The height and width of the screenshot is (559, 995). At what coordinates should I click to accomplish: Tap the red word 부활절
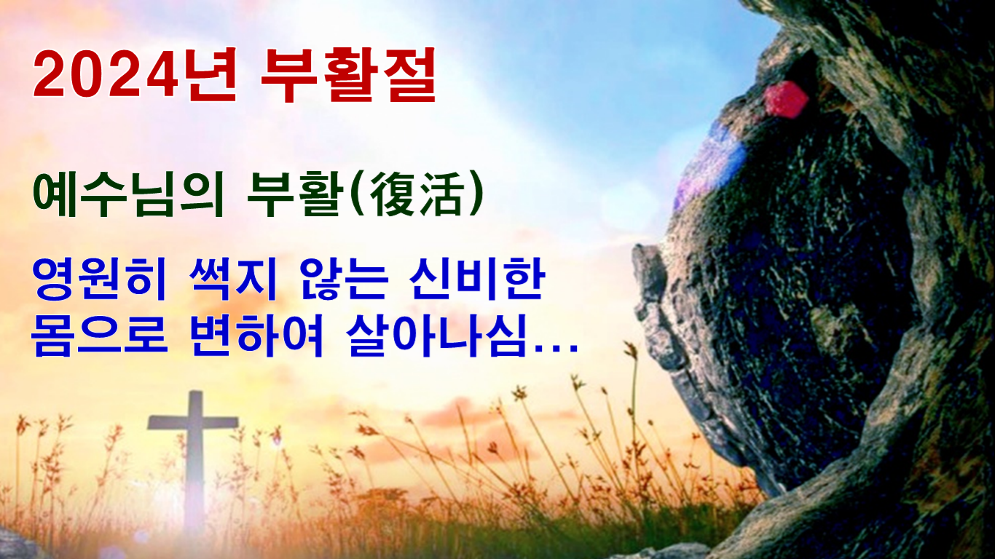click(348, 74)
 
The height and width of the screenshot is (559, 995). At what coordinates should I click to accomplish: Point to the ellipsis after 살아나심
click(556, 351)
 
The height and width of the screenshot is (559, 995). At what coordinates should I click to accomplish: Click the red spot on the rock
click(785, 100)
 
